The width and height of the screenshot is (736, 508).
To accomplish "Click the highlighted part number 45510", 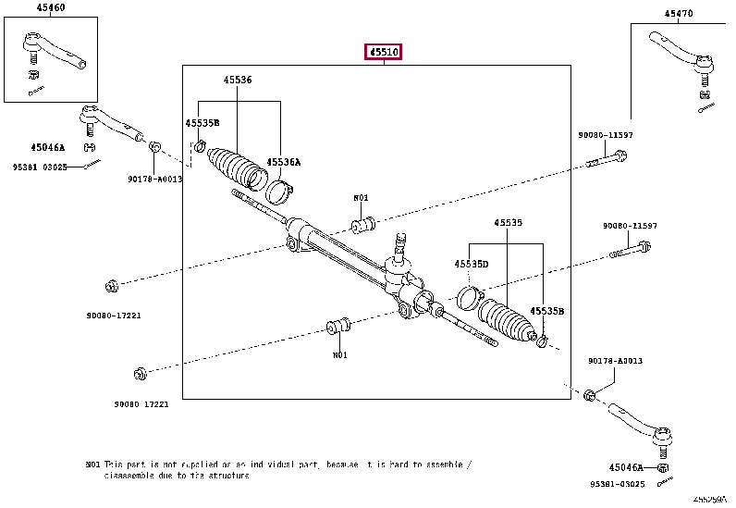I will [x=384, y=53].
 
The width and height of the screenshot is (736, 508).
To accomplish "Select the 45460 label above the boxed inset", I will [x=51, y=7].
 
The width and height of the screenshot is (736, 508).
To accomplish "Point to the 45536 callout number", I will [x=237, y=81].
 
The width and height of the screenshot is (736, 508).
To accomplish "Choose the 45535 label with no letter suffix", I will [x=508, y=223].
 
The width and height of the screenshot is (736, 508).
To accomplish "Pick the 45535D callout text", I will [x=471, y=264].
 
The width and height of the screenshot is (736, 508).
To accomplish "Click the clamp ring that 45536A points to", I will [x=280, y=192].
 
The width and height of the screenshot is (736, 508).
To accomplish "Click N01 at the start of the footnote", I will [x=92, y=464].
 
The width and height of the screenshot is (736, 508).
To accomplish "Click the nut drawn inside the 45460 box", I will [x=31, y=73].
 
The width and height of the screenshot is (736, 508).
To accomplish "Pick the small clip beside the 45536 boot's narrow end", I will [x=200, y=144].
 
